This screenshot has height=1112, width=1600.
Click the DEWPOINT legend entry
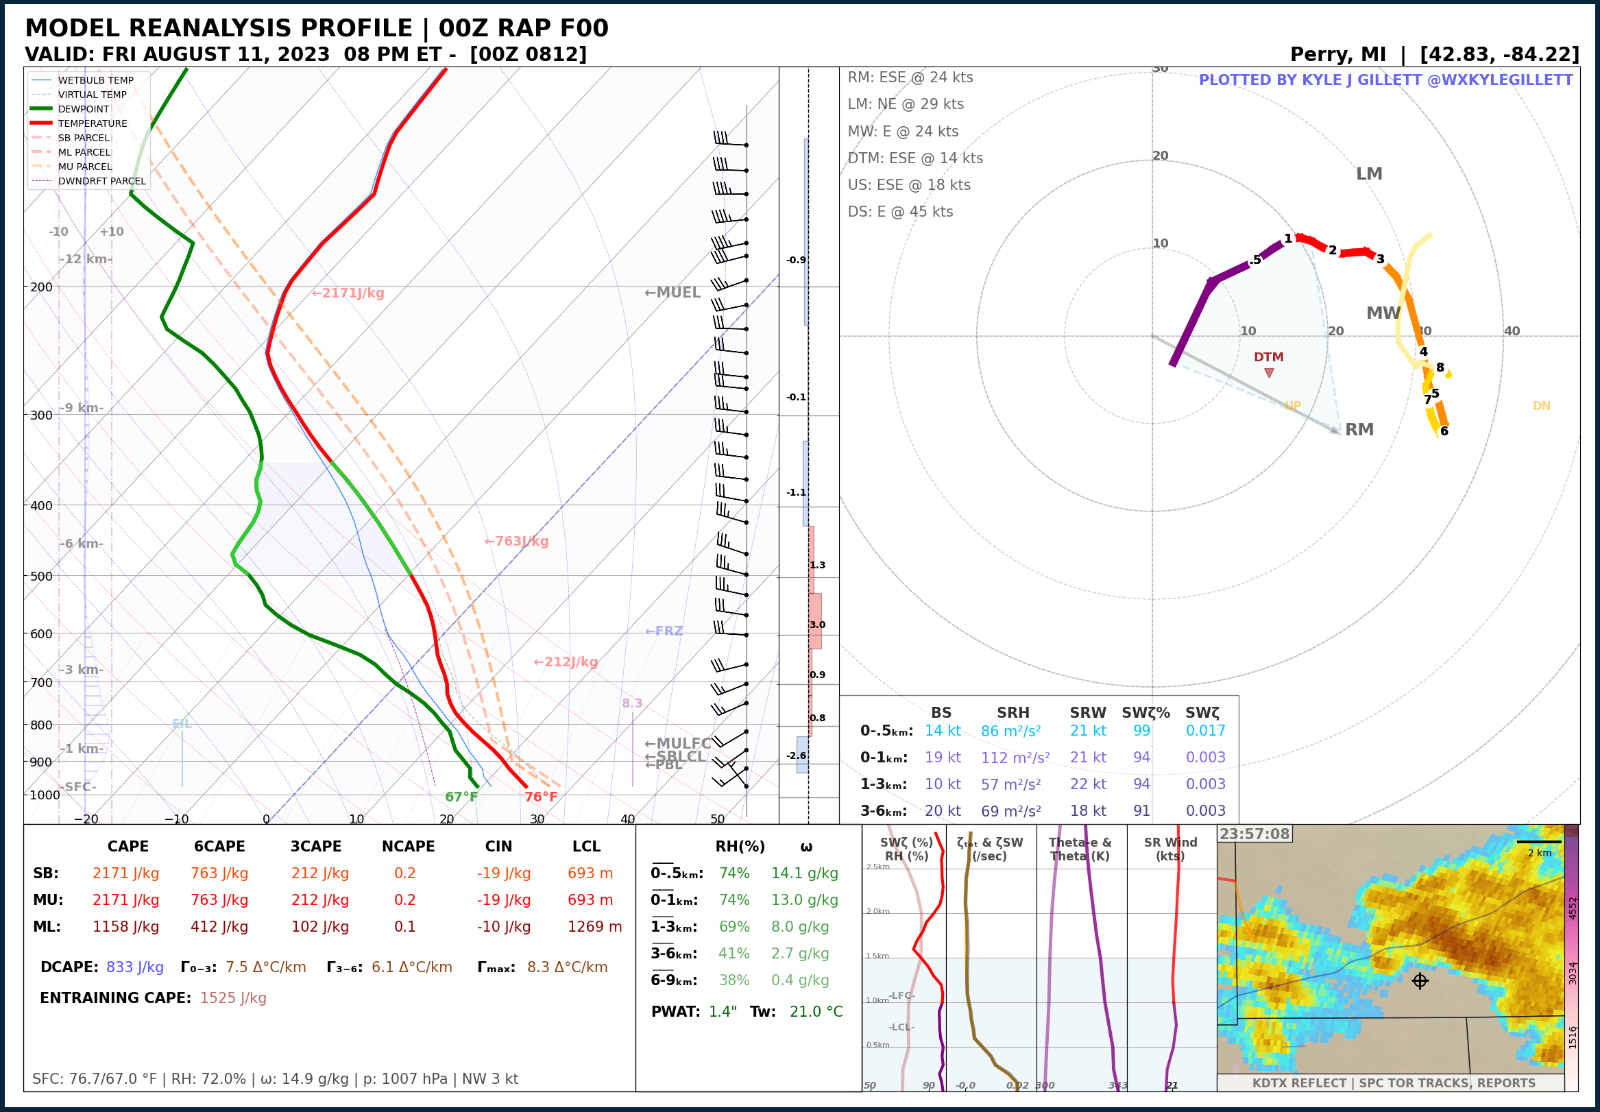[83, 109]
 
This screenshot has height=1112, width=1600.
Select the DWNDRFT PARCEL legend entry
[101, 181]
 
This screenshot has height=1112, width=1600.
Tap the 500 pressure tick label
[41, 576]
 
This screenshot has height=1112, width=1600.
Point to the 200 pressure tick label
[41, 287]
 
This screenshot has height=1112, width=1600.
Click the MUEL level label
[672, 293]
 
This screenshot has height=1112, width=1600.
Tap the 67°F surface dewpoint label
[461, 797]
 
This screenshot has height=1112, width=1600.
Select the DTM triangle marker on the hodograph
[1269, 373]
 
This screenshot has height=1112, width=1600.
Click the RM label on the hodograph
[1359, 430]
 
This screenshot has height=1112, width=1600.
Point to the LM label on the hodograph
[1369, 174]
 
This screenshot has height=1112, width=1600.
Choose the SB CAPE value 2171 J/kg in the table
[125, 873]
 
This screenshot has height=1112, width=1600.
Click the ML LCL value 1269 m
[594, 927]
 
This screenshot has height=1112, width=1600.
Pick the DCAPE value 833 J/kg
[134, 967]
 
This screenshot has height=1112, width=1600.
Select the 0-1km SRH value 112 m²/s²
[1015, 758]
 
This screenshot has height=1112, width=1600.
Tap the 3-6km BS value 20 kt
[943, 811]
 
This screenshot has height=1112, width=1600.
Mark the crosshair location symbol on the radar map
[1420, 981]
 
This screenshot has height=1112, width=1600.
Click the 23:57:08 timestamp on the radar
[1254, 834]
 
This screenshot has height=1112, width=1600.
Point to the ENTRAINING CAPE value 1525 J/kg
[232, 998]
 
